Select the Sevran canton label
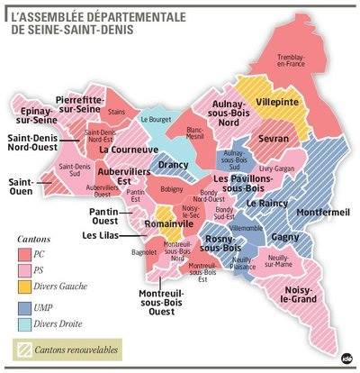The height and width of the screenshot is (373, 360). pyautogui.click(x=273, y=140)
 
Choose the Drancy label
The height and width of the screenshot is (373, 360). pyautogui.click(x=173, y=165)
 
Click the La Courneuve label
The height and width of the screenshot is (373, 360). pyautogui.click(x=124, y=149)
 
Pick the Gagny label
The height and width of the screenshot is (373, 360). pyautogui.click(x=284, y=236)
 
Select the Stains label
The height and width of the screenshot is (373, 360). pyautogui.click(x=116, y=112)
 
